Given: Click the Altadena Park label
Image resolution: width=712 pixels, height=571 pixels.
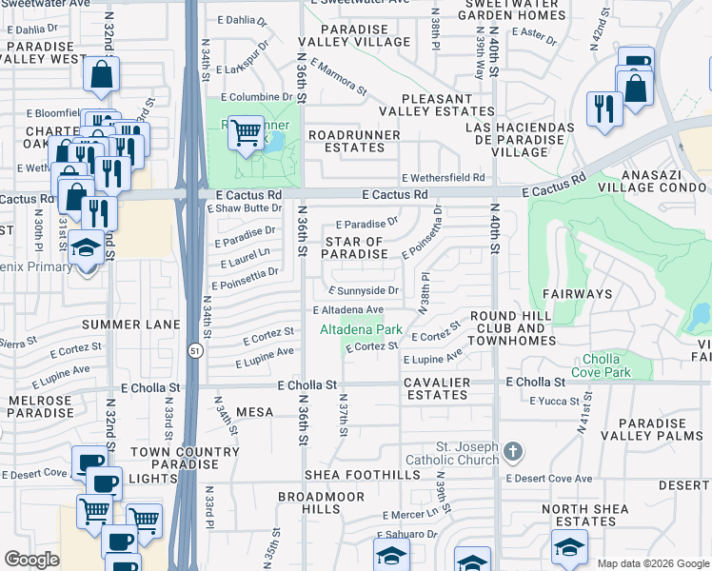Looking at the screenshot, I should click(x=360, y=329).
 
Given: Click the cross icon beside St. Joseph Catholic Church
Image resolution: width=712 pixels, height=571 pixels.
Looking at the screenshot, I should click(x=513, y=449).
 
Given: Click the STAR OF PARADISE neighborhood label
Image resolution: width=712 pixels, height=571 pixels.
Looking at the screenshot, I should click(x=353, y=248).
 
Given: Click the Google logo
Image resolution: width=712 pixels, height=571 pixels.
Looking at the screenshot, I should click(x=31, y=560).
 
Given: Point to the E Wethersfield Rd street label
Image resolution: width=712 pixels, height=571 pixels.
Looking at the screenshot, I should click(x=443, y=178).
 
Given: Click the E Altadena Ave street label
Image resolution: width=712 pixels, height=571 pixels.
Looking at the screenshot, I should click(x=348, y=310).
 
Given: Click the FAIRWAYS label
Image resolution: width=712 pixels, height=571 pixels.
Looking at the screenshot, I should click(x=577, y=294).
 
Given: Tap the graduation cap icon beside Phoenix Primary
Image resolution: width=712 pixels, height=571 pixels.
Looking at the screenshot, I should click(x=87, y=249).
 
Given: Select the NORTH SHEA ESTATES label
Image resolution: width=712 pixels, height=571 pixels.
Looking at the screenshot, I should click(x=584, y=515).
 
